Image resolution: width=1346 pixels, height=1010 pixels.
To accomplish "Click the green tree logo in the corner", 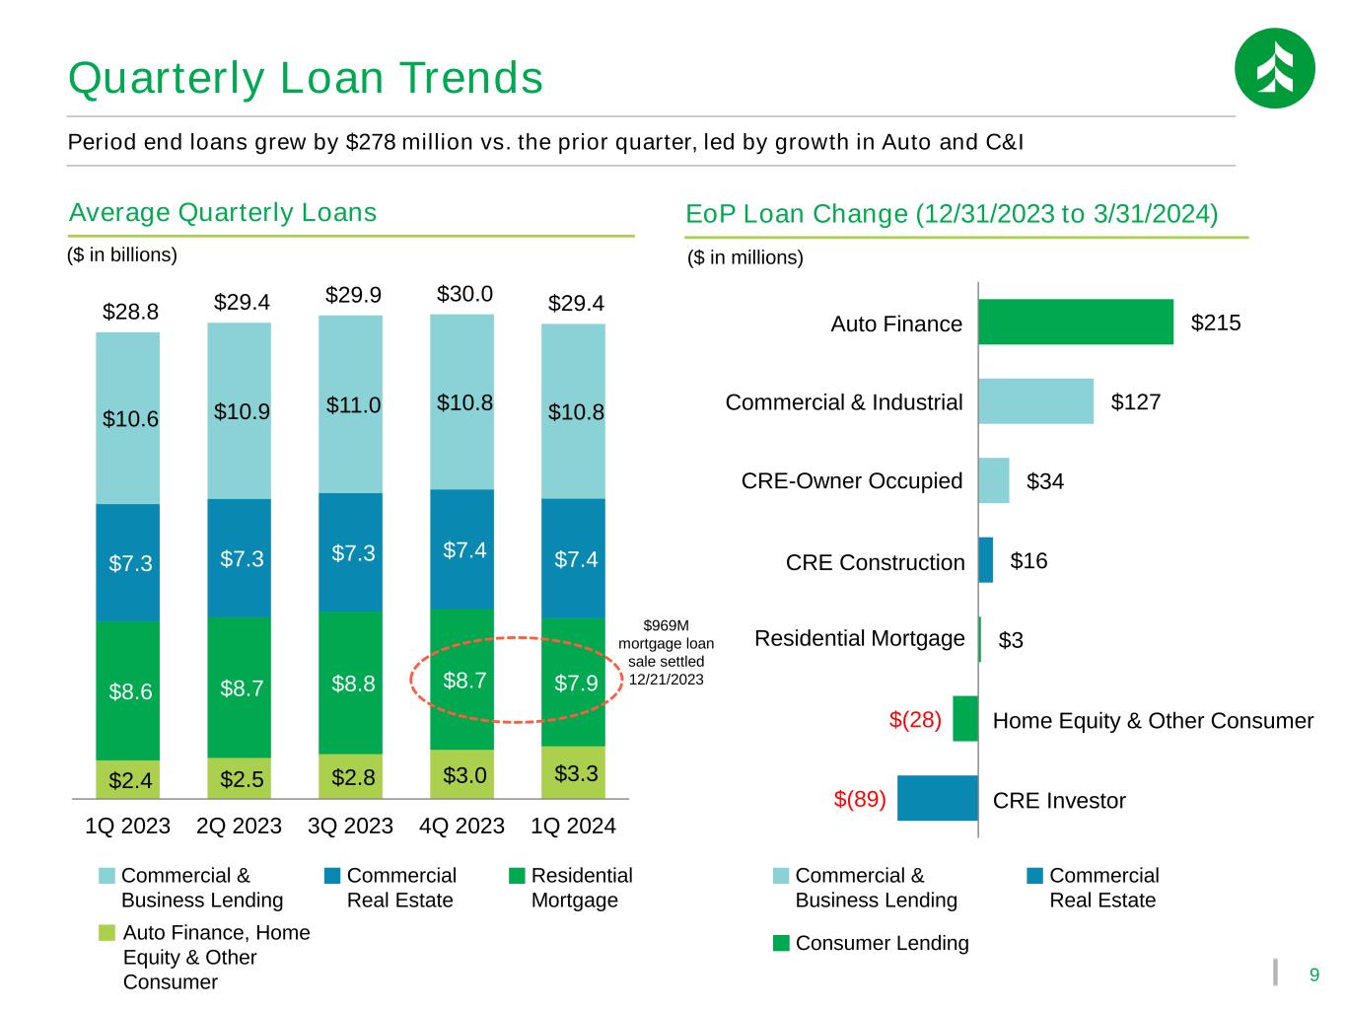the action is [x=1274, y=68].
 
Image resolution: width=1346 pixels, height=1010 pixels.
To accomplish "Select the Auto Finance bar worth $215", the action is [x=1075, y=322].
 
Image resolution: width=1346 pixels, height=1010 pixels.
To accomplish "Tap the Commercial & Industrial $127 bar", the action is [x=1035, y=401].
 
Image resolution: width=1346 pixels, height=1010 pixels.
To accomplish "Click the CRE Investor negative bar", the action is [x=937, y=798].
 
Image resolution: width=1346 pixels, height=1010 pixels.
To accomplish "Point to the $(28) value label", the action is [x=915, y=719].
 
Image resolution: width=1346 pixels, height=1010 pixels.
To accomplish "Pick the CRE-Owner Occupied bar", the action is [x=993, y=480].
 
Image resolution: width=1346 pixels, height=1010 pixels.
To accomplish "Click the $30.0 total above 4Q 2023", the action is [x=464, y=294].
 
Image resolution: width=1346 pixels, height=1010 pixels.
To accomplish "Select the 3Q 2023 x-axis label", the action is [x=350, y=826].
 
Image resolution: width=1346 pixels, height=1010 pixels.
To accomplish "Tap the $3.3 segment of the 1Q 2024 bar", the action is [x=573, y=772].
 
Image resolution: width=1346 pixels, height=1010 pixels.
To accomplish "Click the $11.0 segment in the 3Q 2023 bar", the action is [x=350, y=404].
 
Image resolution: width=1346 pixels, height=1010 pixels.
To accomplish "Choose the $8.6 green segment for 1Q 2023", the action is [x=127, y=690].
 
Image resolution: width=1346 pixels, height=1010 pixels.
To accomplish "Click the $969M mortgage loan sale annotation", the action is [x=666, y=652].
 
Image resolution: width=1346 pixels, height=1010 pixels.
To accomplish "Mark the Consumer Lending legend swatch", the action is [x=781, y=943].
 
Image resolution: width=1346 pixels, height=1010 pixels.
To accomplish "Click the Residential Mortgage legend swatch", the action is [x=517, y=876].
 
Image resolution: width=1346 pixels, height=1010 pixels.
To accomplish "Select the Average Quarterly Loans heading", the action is [x=223, y=212].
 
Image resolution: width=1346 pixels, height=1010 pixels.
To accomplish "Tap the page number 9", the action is [x=1313, y=974].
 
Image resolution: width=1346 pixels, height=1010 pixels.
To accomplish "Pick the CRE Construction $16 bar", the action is [x=985, y=560].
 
